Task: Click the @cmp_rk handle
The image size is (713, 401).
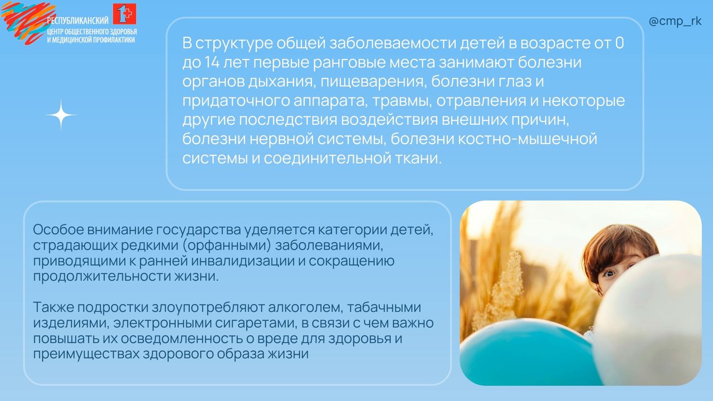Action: [x=675, y=22]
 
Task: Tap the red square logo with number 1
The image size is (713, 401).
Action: [x=124, y=14]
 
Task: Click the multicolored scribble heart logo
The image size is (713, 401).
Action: [x=27, y=22]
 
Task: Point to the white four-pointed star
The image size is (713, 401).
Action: [x=61, y=115]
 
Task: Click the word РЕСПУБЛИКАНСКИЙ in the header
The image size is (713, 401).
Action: [x=77, y=21]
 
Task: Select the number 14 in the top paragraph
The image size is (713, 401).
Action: [x=212, y=62]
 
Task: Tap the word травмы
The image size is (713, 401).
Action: [x=402, y=101]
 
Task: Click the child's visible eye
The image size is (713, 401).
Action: [x=609, y=273]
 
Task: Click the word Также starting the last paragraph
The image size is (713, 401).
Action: [x=53, y=307]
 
